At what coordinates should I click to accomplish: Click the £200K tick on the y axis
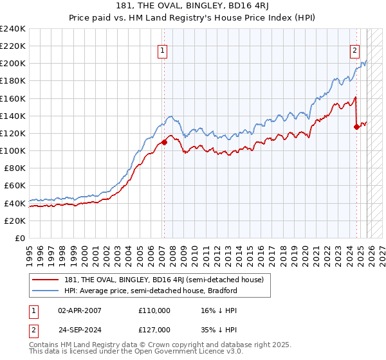pos(12,64)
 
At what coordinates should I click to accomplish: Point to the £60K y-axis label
pos(15,186)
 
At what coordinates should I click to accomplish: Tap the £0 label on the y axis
pos(20,238)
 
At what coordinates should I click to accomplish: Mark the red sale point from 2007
pos(164,142)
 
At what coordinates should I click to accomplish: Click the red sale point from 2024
pos(356,127)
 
